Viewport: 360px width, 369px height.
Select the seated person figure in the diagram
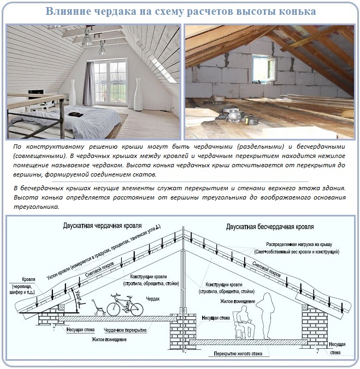point(241,323)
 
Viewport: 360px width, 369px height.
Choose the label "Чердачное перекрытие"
point(126,331)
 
